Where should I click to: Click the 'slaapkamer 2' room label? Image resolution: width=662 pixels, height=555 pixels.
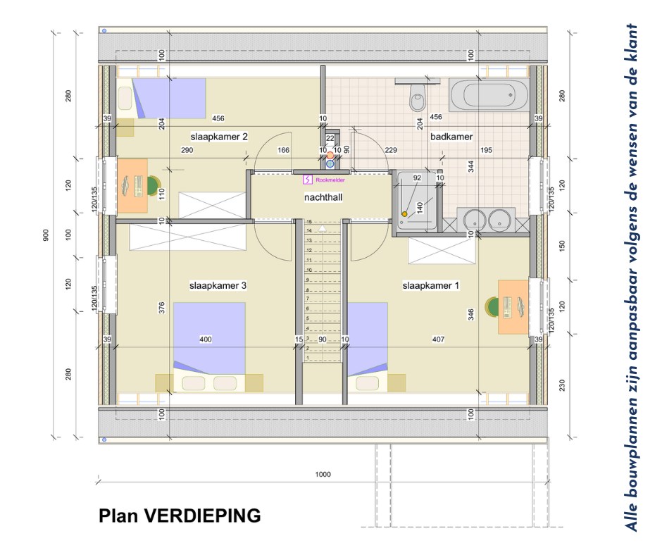tap(218, 137)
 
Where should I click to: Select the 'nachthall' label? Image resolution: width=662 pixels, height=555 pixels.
tap(323, 198)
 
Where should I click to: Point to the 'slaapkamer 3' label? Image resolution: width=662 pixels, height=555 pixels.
tap(218, 286)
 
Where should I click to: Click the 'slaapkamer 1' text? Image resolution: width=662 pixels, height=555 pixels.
tap(431, 286)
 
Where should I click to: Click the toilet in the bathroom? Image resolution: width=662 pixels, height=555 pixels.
tap(418, 97)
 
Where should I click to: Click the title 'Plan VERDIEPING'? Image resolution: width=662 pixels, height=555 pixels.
tap(180, 516)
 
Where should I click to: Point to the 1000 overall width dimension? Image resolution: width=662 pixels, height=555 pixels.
tap(323, 475)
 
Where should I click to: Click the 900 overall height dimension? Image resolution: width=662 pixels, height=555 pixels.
tap(46, 236)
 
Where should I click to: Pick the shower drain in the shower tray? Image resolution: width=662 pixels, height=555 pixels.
tap(404, 214)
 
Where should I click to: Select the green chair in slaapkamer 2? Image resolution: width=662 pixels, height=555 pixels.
tap(153, 186)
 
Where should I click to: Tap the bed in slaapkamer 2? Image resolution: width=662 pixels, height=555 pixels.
tap(169, 98)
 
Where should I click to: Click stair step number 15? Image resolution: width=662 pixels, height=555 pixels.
tap(308, 222)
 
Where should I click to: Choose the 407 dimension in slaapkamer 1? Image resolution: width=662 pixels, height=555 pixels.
tap(438, 340)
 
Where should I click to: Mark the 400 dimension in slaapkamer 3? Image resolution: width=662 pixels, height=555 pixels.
tap(206, 340)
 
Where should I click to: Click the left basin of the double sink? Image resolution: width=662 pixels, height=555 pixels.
tap(470, 218)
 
